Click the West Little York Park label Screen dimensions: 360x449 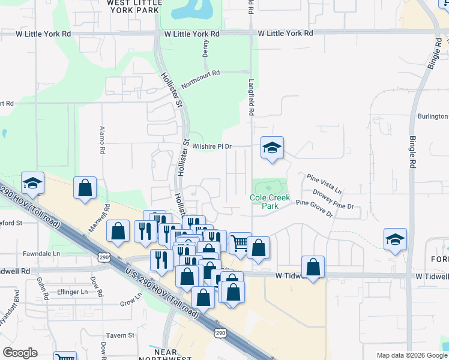133,6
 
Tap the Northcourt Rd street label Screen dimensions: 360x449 200,79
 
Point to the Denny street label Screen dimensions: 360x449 206,49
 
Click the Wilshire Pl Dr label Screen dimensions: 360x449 212,146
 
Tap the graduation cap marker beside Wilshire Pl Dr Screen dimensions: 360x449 272,148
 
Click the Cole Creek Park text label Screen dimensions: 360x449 270,201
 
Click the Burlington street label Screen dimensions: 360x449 432,116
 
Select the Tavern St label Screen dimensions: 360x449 121,335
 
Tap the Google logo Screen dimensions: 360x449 20,353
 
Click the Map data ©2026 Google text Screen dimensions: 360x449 412,355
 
